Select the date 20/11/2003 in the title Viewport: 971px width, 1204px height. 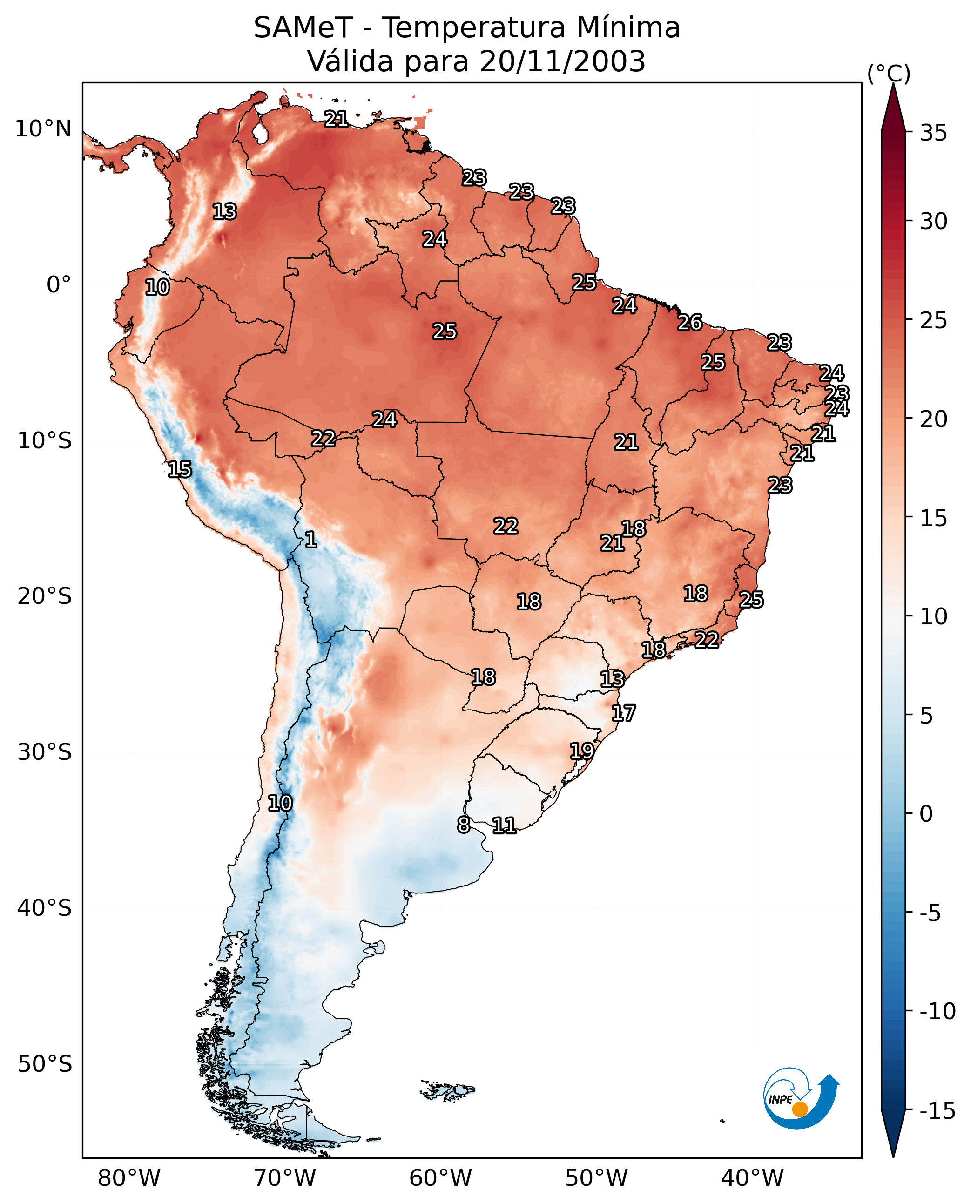point(563,61)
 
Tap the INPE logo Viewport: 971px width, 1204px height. point(801,1098)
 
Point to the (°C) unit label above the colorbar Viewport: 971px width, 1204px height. point(889,73)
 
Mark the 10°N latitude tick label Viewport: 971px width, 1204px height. point(43,129)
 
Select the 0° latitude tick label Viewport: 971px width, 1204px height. point(59,285)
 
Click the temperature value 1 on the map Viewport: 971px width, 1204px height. point(311,539)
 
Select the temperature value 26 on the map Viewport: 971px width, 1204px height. point(690,322)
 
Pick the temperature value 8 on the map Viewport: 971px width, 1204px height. point(464,825)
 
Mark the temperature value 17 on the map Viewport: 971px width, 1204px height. point(624,713)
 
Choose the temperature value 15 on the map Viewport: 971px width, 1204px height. point(180,469)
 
